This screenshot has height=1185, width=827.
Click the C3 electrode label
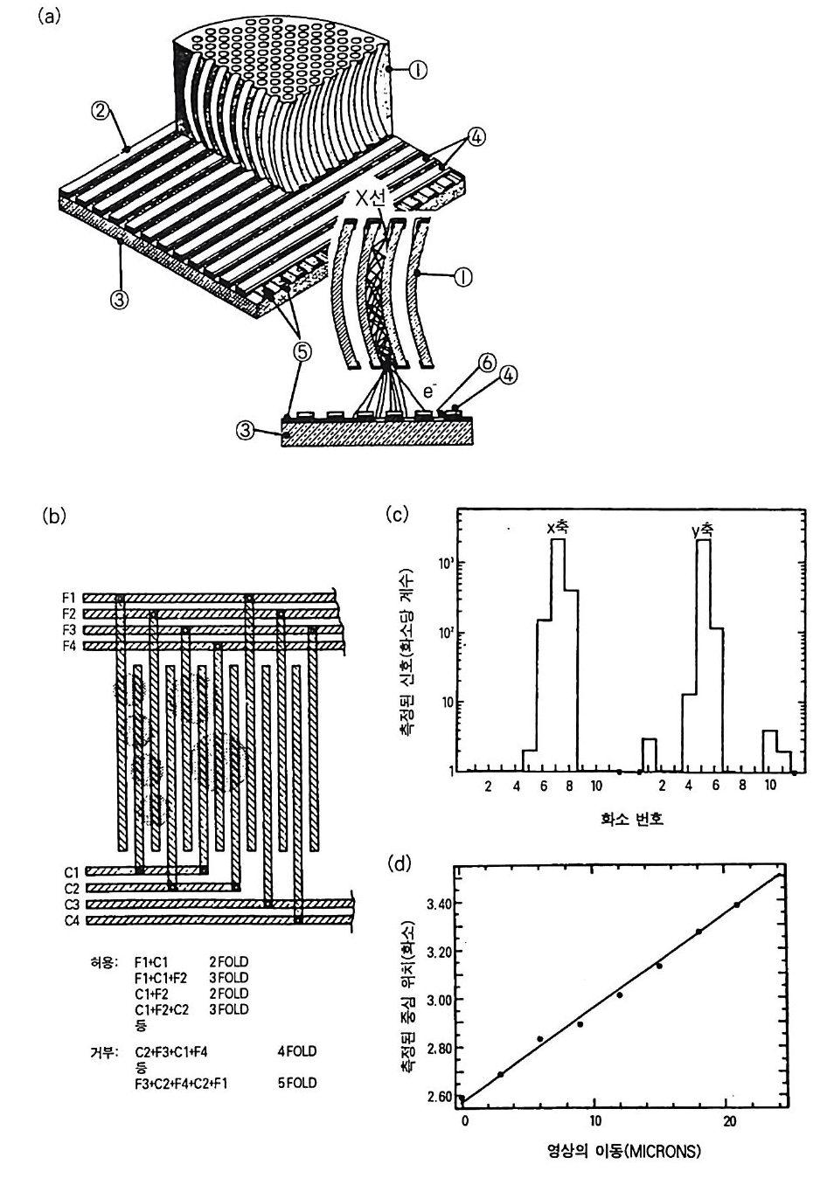[x=71, y=904]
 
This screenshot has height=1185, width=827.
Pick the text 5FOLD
[x=295, y=1084]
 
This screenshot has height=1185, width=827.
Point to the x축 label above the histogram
[x=557, y=528]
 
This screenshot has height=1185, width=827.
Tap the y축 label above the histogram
[x=701, y=528]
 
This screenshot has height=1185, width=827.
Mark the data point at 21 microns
[x=737, y=904]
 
